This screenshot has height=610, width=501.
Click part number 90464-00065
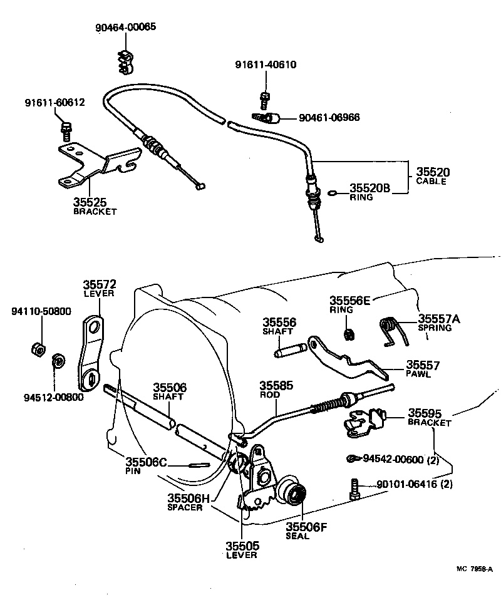pyautogui.click(x=126, y=28)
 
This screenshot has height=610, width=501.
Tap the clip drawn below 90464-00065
pyautogui.click(x=125, y=59)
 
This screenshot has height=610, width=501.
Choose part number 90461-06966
pyautogui.click(x=329, y=118)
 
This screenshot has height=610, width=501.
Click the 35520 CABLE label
pyautogui.click(x=432, y=176)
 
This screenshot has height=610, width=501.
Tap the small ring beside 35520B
pyautogui.click(x=336, y=193)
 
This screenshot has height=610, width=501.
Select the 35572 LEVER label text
pyautogui.click(x=100, y=289)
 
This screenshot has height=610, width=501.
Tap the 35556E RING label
pyautogui.click(x=350, y=303)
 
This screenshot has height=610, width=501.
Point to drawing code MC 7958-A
pyautogui.click(x=473, y=569)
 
